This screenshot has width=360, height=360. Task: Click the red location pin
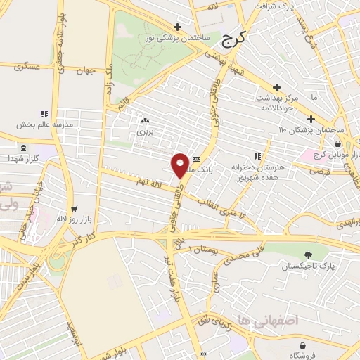pyautogui.click(x=180, y=165)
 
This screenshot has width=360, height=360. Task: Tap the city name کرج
pyautogui.click(x=230, y=41)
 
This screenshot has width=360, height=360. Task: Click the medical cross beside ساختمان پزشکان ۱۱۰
pyautogui.click(x=310, y=119)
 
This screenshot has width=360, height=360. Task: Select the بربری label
pyautogui.click(x=144, y=131)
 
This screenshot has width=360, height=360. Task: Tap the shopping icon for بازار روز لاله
pyautogui.click(x=74, y=209)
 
